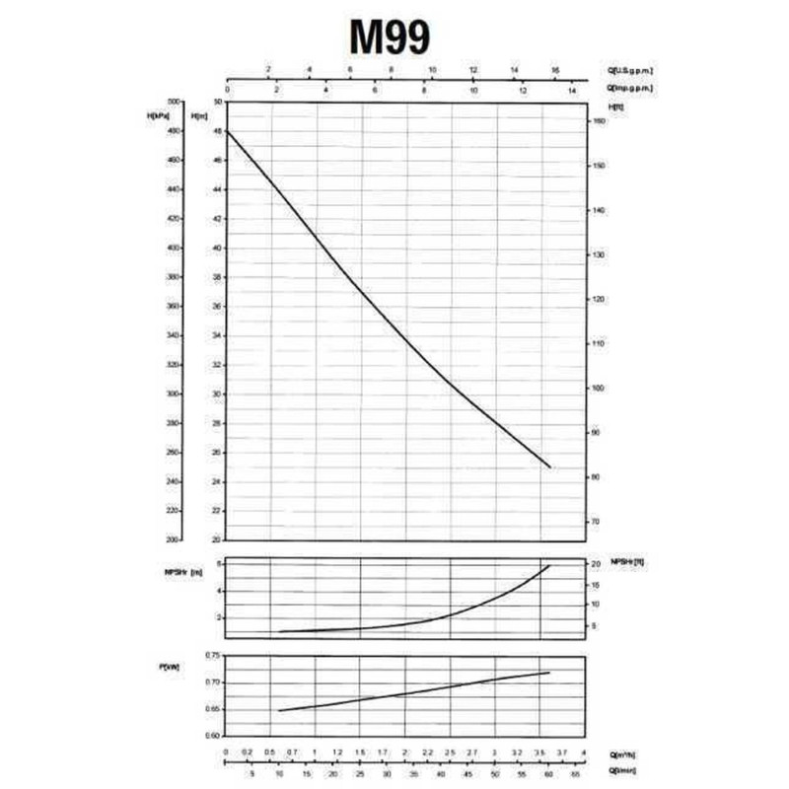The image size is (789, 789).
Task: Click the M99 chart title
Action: pos(390,37)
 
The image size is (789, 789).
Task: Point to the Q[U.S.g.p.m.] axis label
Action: pos(631,71)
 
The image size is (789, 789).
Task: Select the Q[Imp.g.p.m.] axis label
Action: pos(631,89)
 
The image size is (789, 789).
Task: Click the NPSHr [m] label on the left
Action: pos(186,574)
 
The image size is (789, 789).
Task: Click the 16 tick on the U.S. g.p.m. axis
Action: pos(555,71)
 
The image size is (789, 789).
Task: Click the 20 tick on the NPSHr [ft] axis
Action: pos(595,564)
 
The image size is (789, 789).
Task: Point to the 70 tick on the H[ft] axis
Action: pos(595,521)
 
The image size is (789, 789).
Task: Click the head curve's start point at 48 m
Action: pos(228,131)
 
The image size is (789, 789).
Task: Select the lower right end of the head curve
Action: pos(549,467)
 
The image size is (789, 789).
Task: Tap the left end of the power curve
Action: pos(280,710)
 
